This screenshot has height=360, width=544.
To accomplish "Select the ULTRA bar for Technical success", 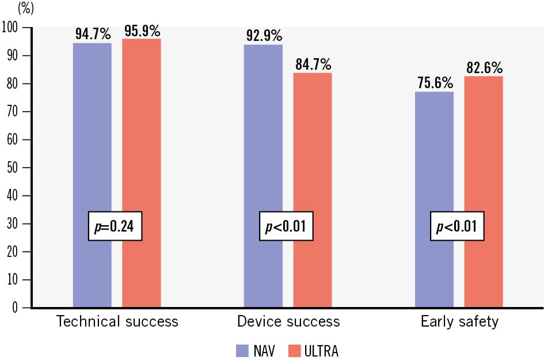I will [x=141, y=173].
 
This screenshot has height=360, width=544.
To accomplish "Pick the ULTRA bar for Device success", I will [x=313, y=190].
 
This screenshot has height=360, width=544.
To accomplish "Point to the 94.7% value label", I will [x=93, y=33].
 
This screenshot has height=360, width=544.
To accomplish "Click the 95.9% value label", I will [x=141, y=30].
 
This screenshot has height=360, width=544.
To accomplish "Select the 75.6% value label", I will [x=434, y=83].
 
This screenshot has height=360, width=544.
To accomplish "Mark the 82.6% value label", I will [x=484, y=67].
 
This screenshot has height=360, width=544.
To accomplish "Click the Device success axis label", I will [x=288, y=321].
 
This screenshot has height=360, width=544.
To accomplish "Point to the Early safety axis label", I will [x=459, y=321].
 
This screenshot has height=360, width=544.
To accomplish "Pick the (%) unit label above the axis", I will [x=26, y=9].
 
